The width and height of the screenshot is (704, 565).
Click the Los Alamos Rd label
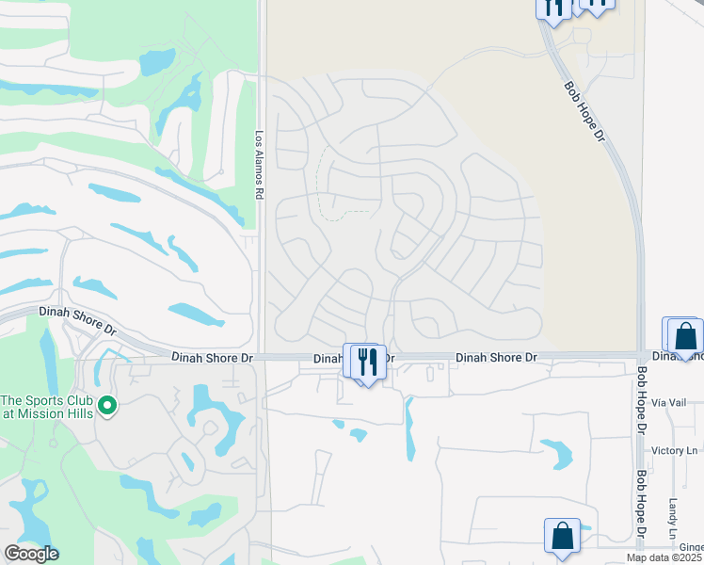(x=259, y=163)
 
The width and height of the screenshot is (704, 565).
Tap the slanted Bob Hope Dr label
(x=583, y=110)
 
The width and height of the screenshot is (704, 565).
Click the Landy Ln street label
(x=674, y=518)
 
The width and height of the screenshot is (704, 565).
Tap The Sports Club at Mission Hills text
(x=46, y=405)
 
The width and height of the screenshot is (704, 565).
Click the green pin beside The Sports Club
(x=108, y=405)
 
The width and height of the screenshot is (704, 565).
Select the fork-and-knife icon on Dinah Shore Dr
(x=368, y=361)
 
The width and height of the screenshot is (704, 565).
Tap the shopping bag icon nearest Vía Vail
(x=685, y=336)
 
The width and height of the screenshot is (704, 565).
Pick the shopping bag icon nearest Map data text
(x=562, y=536)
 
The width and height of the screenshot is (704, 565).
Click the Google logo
(x=31, y=554)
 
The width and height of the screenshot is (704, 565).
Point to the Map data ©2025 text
(x=664, y=558)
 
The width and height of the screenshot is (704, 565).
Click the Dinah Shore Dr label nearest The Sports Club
(x=76, y=320)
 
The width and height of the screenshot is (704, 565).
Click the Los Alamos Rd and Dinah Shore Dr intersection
(x=261, y=357)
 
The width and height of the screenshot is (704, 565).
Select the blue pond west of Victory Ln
(x=557, y=454)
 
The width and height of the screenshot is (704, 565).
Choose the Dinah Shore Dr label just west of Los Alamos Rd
(x=213, y=358)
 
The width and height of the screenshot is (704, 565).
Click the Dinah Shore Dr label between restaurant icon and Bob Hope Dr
(x=496, y=358)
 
